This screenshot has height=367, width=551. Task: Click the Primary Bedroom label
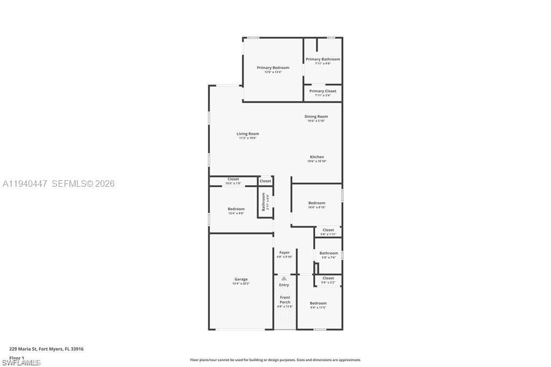[273, 68]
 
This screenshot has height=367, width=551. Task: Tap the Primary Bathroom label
[323, 59]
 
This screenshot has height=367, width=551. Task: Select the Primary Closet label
[323, 91]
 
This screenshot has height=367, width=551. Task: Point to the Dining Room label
[316, 116]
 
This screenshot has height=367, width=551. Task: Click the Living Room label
[248, 134]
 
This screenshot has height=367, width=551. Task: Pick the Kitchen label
[317, 157]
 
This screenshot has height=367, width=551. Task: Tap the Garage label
[241, 279]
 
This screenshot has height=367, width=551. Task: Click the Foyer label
[284, 252]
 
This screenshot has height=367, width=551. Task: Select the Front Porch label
[285, 300]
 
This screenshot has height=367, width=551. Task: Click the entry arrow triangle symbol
[284, 278]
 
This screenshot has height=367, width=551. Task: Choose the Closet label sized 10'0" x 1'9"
[233, 179]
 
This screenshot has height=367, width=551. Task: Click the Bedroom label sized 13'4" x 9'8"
[236, 209]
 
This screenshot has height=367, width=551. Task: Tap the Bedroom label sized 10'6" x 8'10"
[316, 203]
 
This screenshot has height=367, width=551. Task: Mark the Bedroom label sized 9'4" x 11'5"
[318, 304]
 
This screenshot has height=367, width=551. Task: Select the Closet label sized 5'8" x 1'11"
[328, 230]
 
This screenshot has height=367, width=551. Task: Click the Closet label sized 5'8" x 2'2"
[328, 278]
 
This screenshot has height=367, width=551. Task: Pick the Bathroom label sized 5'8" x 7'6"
[329, 253]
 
